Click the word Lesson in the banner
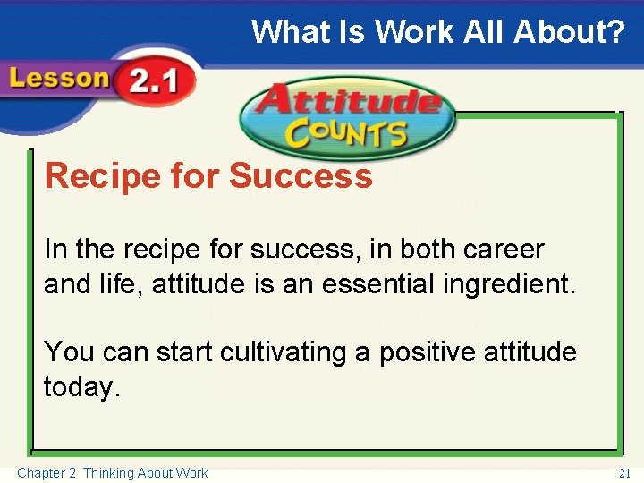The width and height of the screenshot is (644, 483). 58,79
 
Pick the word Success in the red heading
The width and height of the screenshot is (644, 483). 301,176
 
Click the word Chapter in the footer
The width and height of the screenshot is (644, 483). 41,472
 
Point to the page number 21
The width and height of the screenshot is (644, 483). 624,472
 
